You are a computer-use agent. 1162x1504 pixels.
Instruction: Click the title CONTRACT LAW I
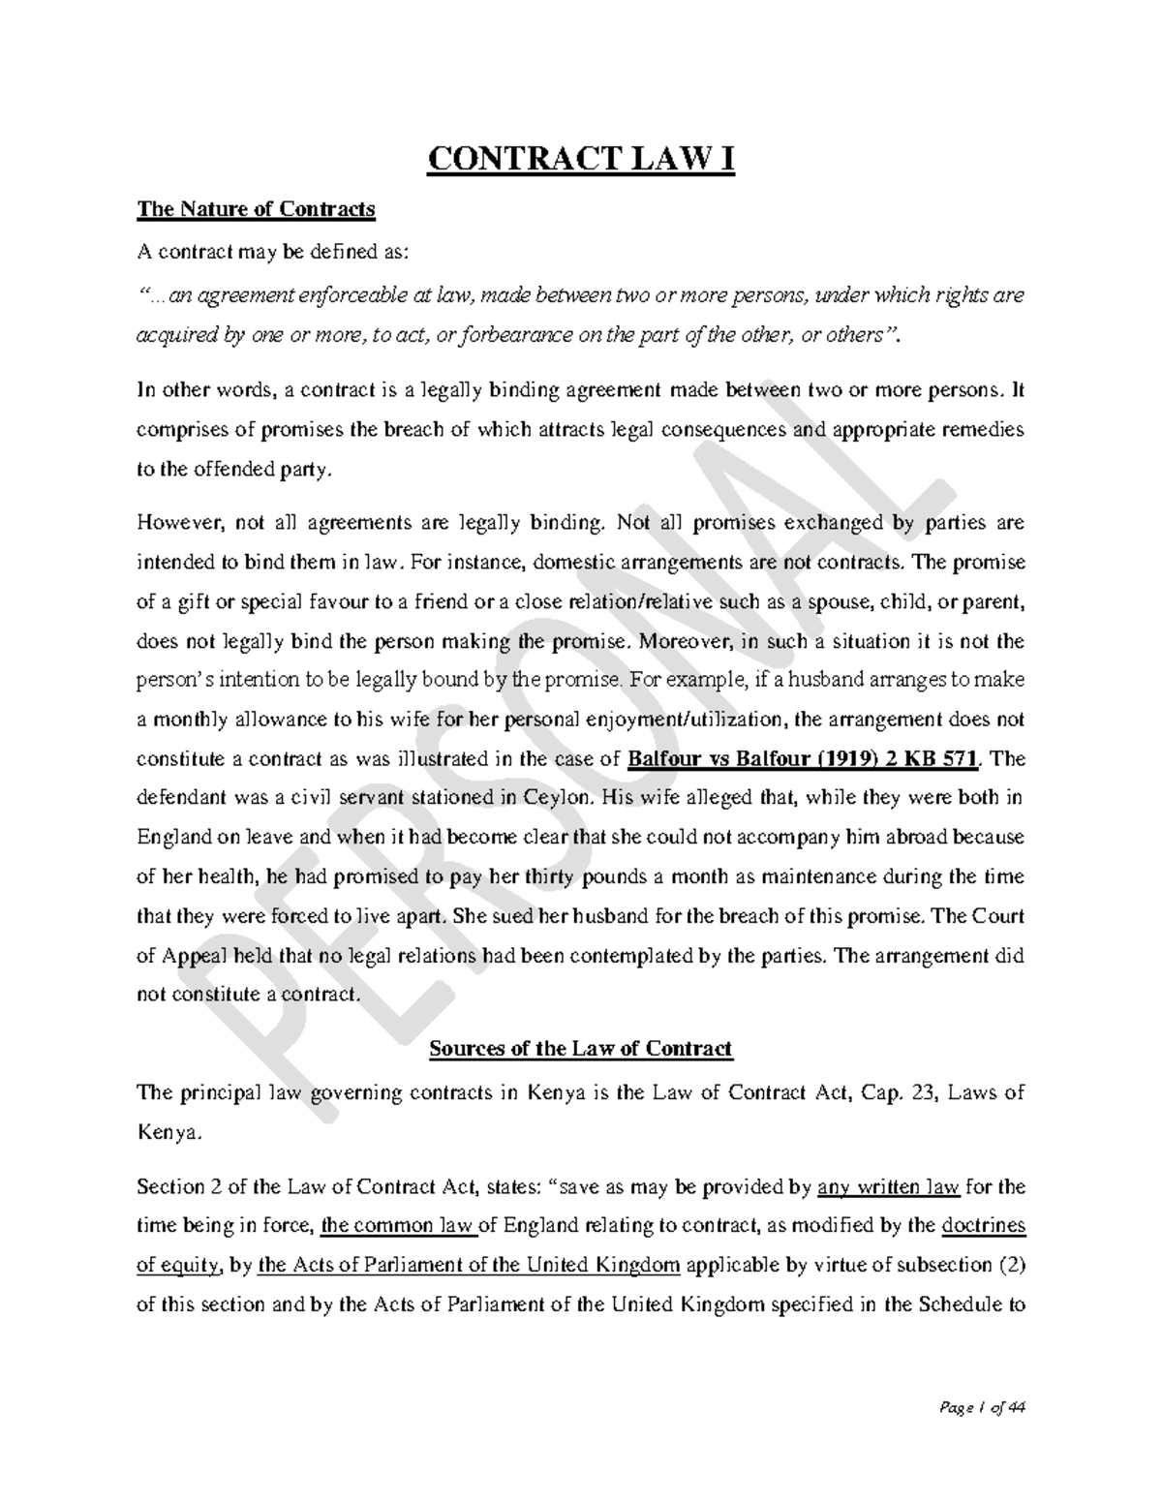pyautogui.click(x=581, y=159)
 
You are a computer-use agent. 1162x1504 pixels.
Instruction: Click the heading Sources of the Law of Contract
pyautogui.click(x=581, y=1049)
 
